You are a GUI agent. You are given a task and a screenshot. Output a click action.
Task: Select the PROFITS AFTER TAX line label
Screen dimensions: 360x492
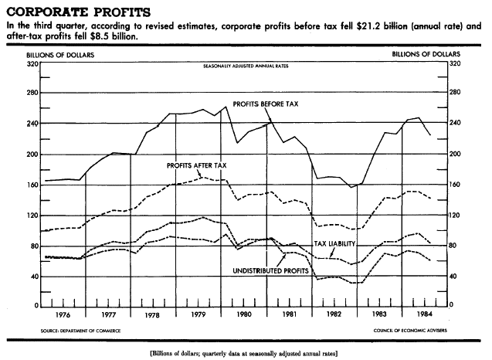click(x=197, y=165)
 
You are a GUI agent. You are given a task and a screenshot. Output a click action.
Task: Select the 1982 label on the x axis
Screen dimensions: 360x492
click(x=334, y=314)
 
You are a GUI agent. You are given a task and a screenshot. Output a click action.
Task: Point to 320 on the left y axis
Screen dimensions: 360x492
click(x=32, y=63)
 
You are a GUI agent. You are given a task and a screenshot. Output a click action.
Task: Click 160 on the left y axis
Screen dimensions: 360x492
click(x=32, y=185)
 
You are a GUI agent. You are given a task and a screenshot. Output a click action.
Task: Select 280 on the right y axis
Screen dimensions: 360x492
click(x=455, y=93)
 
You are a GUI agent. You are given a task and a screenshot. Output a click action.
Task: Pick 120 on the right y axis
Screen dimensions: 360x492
click(x=455, y=215)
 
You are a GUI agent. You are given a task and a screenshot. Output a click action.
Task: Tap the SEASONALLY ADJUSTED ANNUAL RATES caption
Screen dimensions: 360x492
click(x=244, y=68)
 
